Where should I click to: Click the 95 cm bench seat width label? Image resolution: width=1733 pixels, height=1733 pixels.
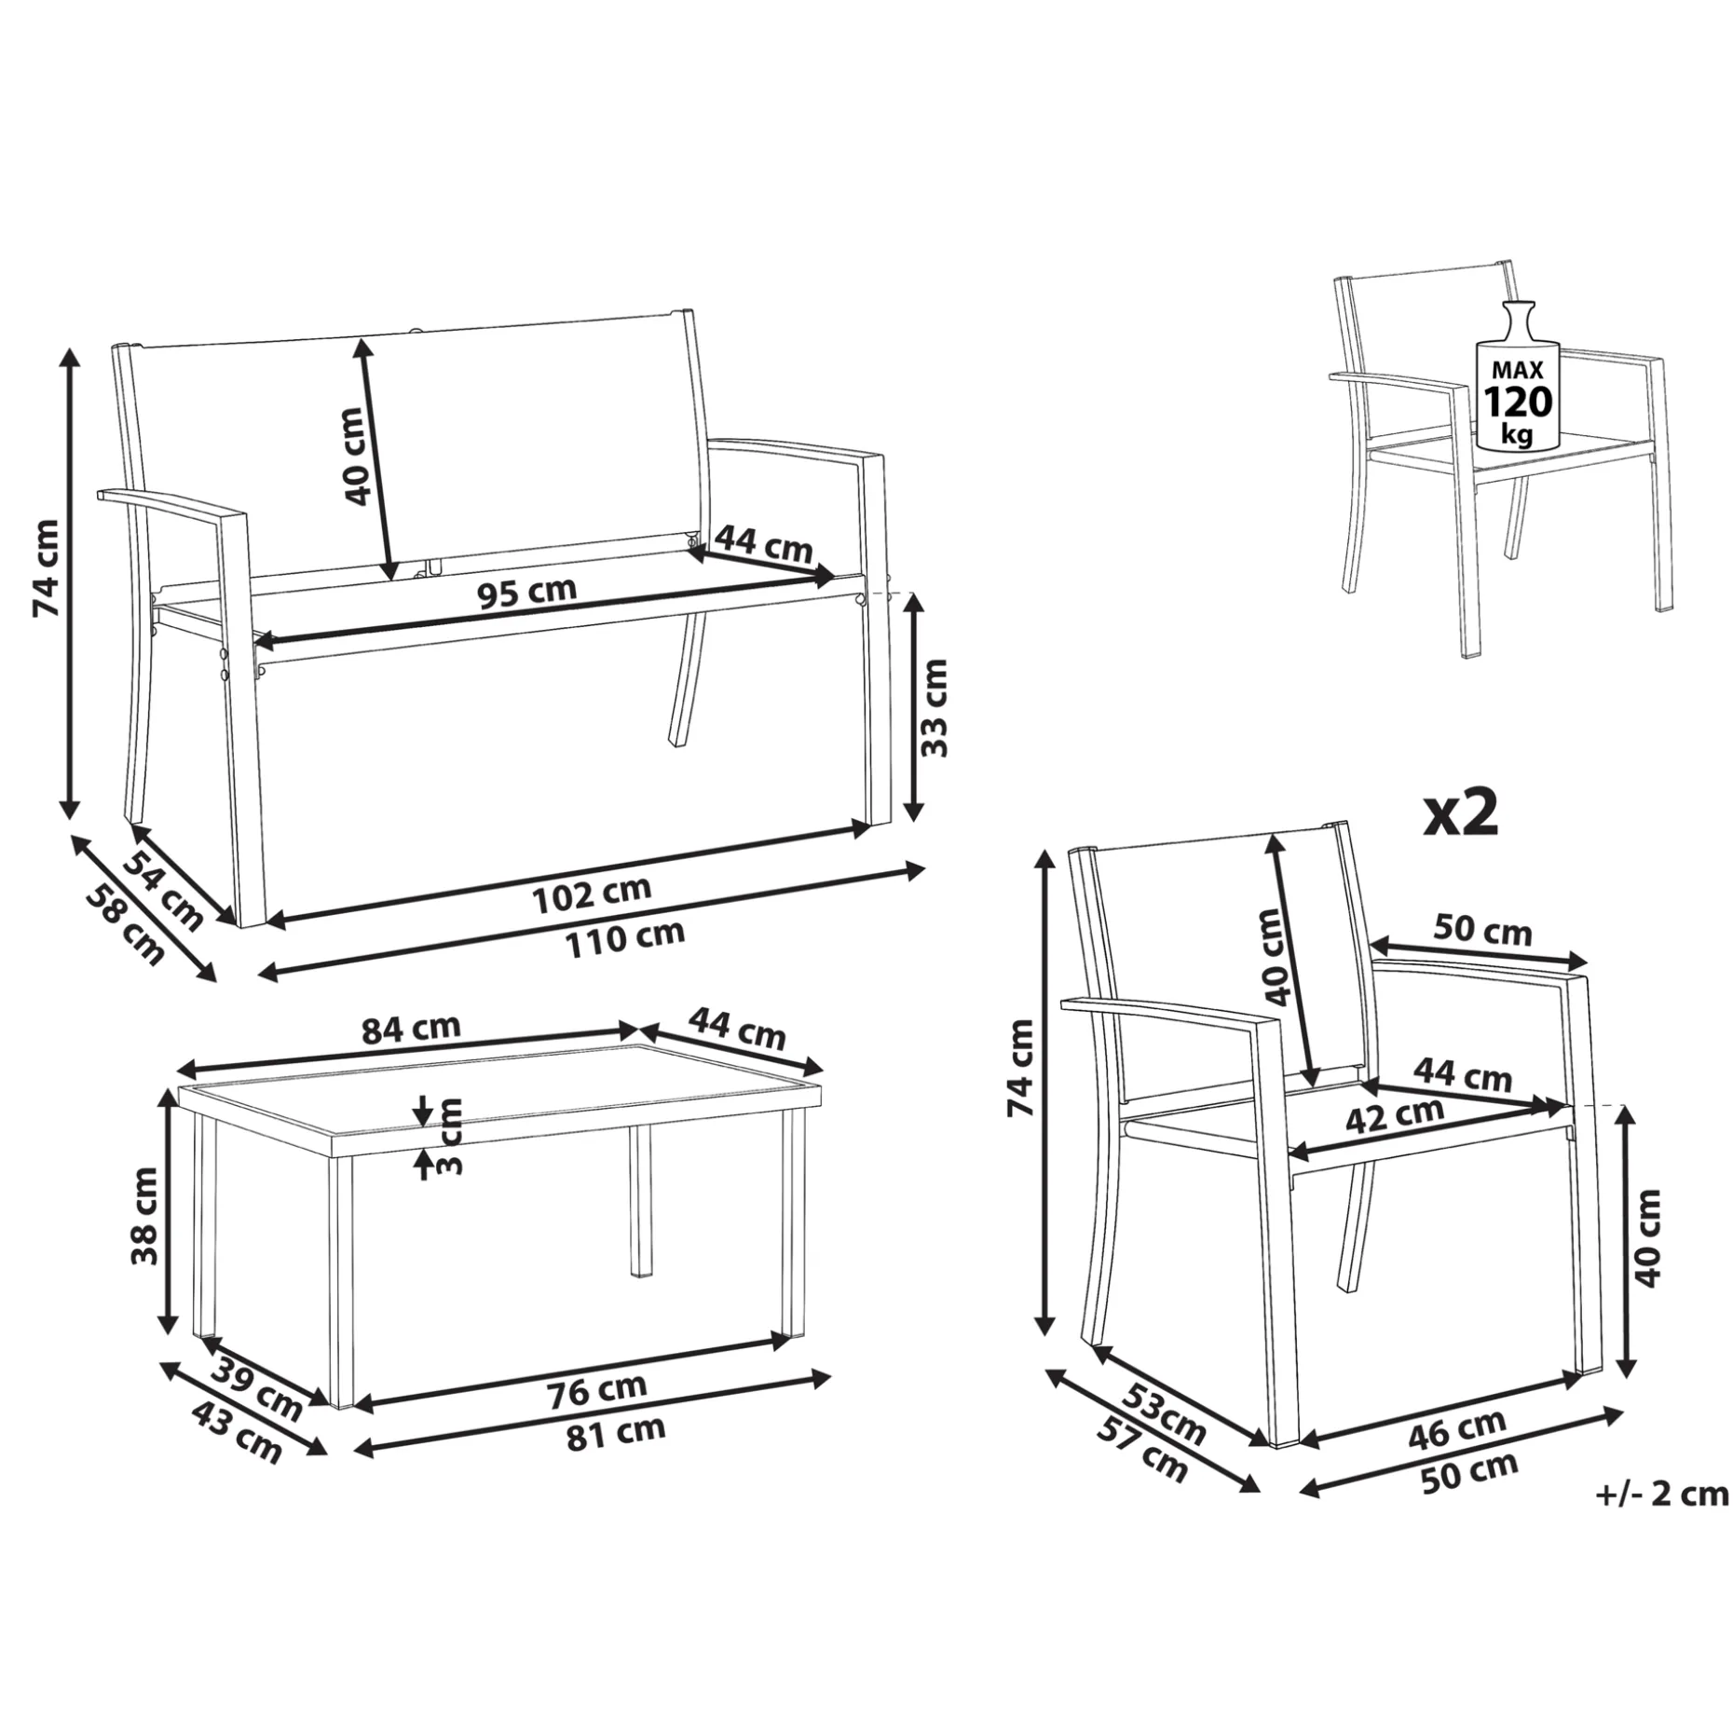tap(527, 593)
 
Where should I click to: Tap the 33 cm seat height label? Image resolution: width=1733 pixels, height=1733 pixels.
tap(934, 707)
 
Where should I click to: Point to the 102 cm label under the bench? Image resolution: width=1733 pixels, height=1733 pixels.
tap(592, 894)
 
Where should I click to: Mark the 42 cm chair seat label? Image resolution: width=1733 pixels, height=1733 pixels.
tap(1394, 1114)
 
